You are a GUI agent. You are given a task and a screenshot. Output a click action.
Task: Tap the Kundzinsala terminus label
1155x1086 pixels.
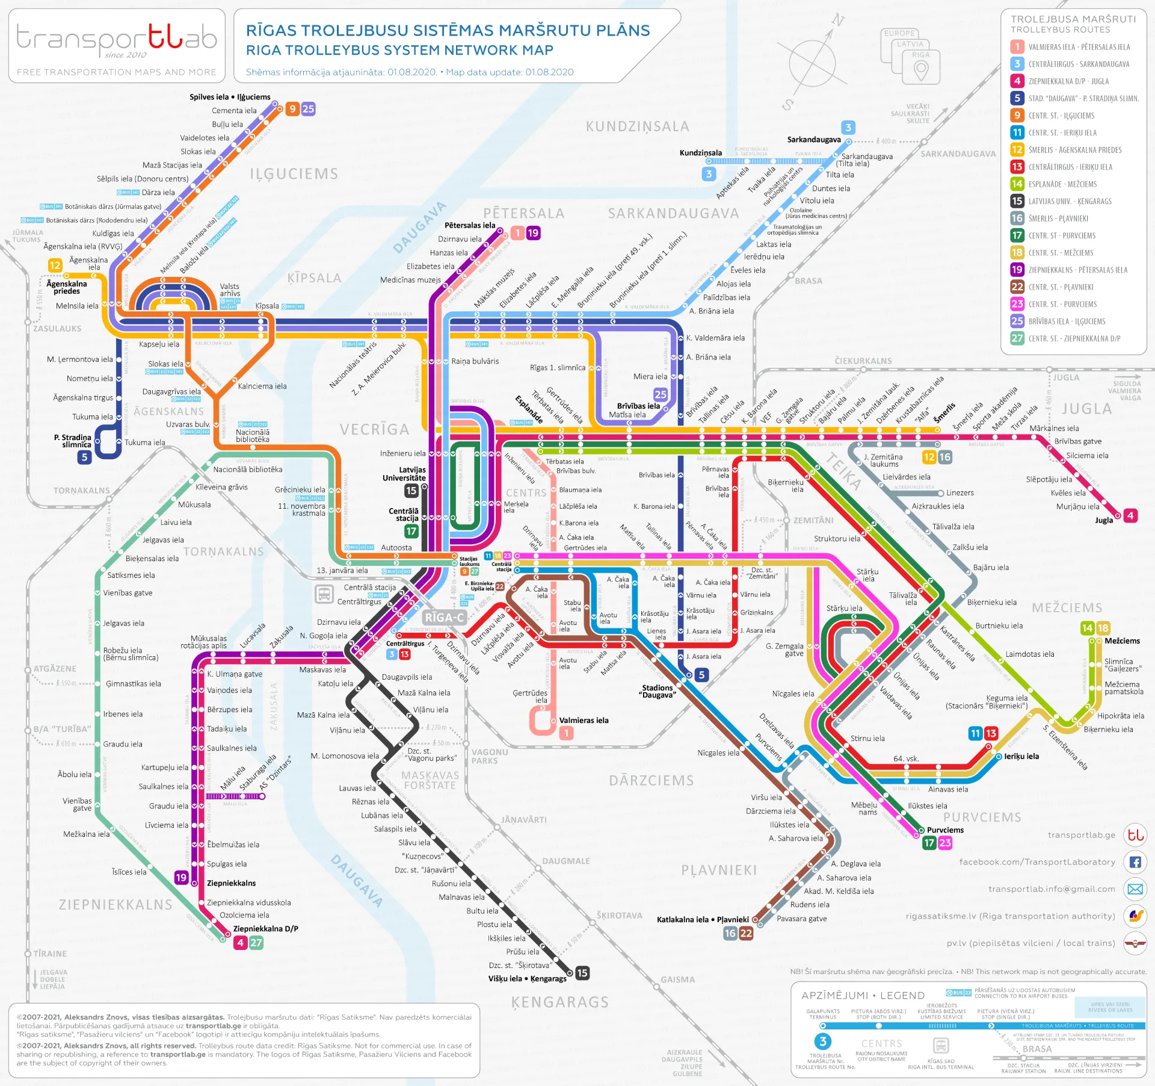700,153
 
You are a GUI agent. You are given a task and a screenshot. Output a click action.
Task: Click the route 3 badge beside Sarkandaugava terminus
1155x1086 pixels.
848,127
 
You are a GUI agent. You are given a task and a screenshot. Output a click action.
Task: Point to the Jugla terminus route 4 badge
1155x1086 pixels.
1130,515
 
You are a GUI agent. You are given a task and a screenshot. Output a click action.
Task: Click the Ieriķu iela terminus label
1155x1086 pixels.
1021,756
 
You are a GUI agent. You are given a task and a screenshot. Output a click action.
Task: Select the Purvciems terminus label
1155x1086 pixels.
945,830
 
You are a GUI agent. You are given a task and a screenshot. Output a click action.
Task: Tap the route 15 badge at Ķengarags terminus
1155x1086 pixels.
582,973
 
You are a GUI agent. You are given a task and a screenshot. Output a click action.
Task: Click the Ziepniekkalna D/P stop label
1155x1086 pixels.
265,928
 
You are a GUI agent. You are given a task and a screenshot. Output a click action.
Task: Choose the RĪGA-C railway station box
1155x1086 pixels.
444,618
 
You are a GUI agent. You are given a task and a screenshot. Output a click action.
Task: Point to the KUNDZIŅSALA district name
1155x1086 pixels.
637,126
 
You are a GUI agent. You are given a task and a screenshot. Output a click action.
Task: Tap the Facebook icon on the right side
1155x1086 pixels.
1135,862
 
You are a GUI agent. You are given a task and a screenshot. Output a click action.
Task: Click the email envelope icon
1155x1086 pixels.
1135,889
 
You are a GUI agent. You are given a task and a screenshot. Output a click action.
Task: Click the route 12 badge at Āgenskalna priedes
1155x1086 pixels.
55,265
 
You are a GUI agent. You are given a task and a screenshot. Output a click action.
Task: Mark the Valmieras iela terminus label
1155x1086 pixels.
584,720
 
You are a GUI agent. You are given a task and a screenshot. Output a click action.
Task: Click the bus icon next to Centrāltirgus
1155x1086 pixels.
324,594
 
